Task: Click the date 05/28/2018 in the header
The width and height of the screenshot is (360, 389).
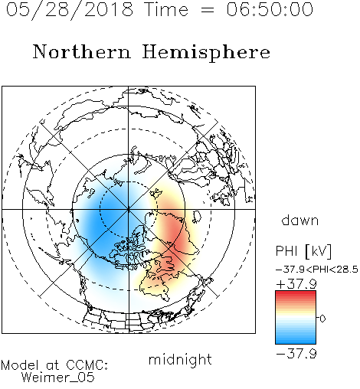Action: [x=70, y=10]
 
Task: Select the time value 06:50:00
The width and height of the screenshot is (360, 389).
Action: [x=270, y=9]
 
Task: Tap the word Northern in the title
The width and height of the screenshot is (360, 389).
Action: [x=82, y=51]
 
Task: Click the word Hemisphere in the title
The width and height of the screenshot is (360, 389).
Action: [x=206, y=52]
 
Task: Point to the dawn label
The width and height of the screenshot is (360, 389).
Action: [x=300, y=220]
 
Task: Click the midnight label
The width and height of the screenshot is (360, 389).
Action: [x=180, y=360]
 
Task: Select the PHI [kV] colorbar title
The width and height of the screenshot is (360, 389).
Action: [x=303, y=251]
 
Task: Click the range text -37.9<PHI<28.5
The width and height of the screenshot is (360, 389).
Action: [x=317, y=270]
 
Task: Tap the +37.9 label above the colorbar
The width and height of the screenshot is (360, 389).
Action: [x=296, y=284]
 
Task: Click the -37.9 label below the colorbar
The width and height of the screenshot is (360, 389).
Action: [x=296, y=354]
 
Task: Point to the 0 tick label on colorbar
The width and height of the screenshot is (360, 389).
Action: [x=322, y=319]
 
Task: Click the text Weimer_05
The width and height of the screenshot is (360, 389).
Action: [x=58, y=378]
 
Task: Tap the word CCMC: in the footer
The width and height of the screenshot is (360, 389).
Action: [x=87, y=365]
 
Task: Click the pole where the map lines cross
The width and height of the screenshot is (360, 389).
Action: [x=129, y=210]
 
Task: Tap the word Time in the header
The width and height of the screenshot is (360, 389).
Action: [x=166, y=9]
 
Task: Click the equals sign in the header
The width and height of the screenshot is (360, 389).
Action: [x=208, y=10]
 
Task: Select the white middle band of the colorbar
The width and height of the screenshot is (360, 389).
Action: [x=296, y=318]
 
